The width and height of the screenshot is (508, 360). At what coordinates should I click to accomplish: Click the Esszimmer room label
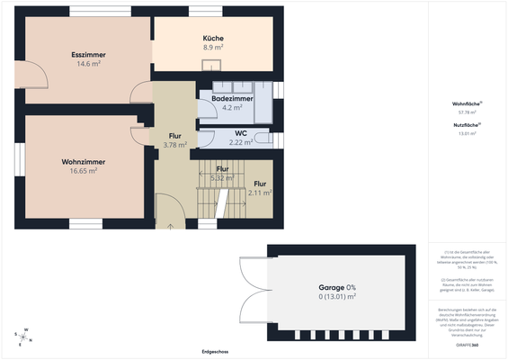tap(87, 55)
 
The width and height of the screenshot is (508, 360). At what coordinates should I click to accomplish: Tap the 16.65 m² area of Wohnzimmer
tap(83, 170)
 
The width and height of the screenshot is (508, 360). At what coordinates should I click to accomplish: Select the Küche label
tap(212, 38)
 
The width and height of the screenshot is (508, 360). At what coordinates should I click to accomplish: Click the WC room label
tap(240, 133)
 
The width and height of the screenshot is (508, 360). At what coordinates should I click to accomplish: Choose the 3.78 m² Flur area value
tap(174, 144)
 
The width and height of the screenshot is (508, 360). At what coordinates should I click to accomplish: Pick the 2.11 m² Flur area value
tap(259, 193)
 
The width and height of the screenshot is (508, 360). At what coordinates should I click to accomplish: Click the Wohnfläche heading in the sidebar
tap(465, 104)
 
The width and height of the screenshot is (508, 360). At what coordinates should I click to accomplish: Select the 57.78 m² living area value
tap(465, 113)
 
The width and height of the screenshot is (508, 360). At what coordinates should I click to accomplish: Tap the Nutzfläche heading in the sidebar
tap(465, 124)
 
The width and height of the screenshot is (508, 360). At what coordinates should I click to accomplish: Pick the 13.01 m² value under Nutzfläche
tap(465, 133)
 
